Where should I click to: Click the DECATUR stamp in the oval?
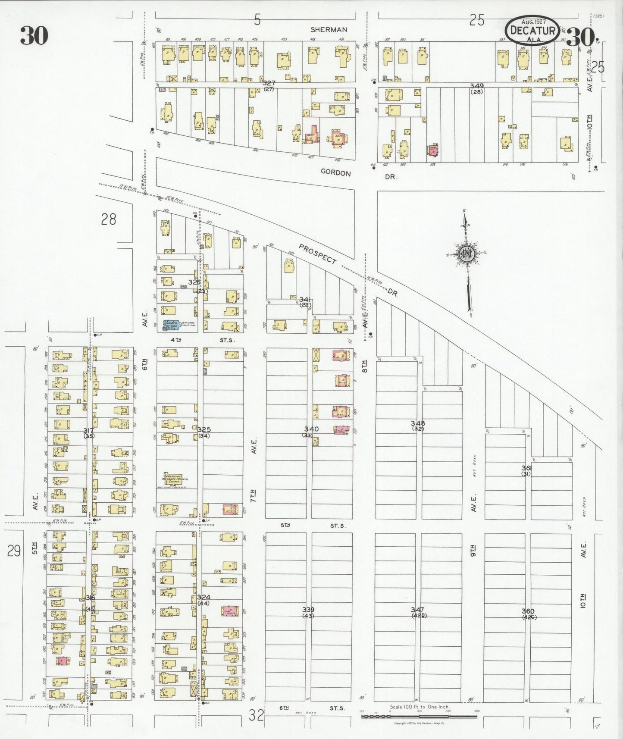533,30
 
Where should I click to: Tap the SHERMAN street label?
329,30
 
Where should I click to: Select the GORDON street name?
335,173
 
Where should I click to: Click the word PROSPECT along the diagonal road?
317,254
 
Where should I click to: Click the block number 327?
269,83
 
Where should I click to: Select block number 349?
477,86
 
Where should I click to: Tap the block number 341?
305,299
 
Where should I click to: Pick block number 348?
418,423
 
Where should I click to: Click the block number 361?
526,468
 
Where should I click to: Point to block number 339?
308,609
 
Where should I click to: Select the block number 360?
528,611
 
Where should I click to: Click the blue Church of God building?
171,325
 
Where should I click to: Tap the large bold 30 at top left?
34,35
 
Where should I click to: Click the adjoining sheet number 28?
109,219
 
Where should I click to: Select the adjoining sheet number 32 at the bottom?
256,715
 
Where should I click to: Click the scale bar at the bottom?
419,716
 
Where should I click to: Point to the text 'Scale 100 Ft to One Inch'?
419,707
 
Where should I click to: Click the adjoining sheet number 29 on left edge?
14,551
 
